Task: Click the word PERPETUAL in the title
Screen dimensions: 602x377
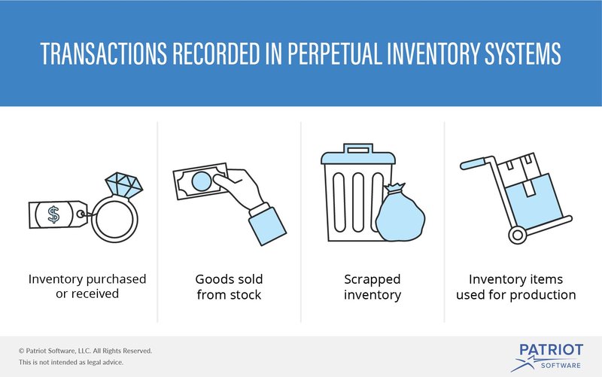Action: (x=334, y=53)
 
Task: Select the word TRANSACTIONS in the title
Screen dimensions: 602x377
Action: (x=104, y=53)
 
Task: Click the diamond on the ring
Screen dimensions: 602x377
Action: (x=124, y=184)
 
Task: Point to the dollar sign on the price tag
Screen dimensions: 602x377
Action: (x=53, y=214)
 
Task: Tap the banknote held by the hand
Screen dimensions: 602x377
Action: (x=200, y=181)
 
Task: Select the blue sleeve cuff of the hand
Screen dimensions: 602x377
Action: (x=267, y=226)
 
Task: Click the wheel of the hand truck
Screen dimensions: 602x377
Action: (x=518, y=235)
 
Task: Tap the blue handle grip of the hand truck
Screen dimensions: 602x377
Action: (x=473, y=164)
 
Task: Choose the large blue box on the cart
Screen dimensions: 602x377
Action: (x=534, y=202)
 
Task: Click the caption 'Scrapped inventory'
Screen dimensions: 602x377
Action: (x=372, y=287)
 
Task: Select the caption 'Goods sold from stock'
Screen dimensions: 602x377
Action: (x=230, y=287)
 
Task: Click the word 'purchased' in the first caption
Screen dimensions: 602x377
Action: (x=116, y=279)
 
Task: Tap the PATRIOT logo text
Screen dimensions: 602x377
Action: (x=552, y=350)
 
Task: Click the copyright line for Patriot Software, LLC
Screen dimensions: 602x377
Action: (x=85, y=351)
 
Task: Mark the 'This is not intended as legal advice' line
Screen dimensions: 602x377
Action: (x=71, y=362)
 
